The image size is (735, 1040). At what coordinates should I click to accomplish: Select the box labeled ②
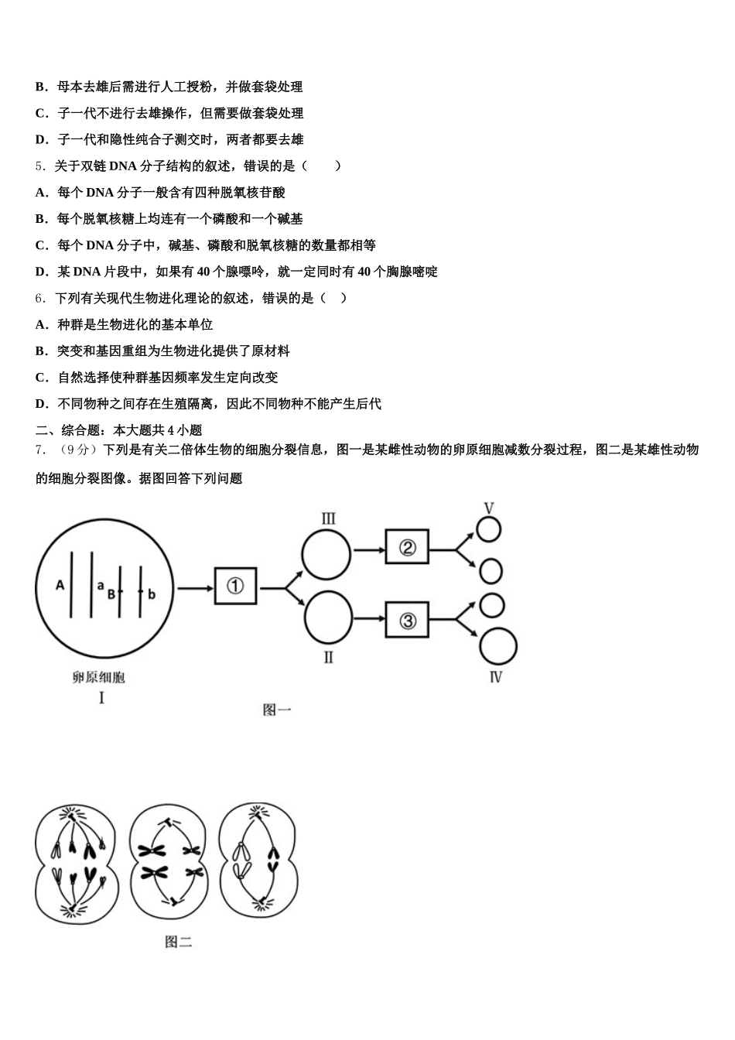pyautogui.click(x=407, y=549)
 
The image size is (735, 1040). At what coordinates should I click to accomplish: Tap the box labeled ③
pyautogui.click(x=407, y=620)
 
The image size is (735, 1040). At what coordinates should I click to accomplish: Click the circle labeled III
pyautogui.click(x=326, y=553)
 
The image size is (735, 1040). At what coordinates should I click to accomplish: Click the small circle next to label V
pyautogui.click(x=488, y=530)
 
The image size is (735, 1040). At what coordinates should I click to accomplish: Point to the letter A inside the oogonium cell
pyautogui.click(x=60, y=586)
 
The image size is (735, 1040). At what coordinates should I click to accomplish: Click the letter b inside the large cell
pyautogui.click(x=152, y=594)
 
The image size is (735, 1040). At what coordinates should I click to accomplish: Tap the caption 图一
pyautogui.click(x=277, y=710)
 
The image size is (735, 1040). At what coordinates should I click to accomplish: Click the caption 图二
pyautogui.click(x=178, y=942)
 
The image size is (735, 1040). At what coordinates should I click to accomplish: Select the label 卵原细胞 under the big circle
pyautogui.click(x=99, y=678)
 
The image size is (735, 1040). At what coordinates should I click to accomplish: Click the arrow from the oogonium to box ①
pyautogui.click(x=196, y=588)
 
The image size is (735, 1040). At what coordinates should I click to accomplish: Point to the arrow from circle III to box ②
pyautogui.click(x=368, y=550)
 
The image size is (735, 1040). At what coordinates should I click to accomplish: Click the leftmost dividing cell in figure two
pyautogui.click(x=75, y=864)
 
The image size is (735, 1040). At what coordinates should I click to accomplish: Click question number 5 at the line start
pyautogui.click(x=39, y=166)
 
